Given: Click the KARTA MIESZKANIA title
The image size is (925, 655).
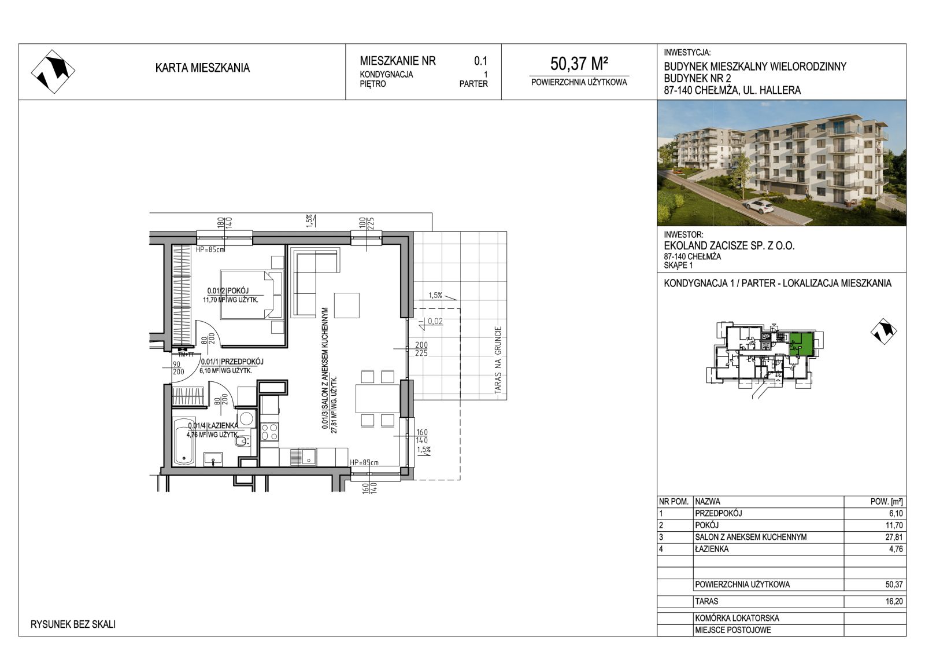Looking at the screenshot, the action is [202, 68].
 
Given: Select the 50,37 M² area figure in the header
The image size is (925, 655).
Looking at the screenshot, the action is [579, 64].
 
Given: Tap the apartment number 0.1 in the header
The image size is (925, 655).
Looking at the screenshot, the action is [480, 61].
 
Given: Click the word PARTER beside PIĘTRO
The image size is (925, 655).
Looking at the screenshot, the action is [473, 84].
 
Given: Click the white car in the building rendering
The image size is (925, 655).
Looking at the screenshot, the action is [759, 206].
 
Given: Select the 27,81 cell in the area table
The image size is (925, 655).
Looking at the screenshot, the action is [894, 537].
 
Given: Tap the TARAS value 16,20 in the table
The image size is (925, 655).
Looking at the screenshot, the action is [894, 601].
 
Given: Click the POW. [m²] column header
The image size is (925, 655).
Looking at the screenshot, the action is [886, 502].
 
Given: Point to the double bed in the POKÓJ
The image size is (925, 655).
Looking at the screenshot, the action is [251, 295].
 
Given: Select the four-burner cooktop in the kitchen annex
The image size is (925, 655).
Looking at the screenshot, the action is [269, 432].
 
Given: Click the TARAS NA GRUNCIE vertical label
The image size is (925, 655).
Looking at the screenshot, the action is [498, 359].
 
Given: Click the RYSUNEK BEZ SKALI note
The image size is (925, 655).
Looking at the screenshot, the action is [73, 624].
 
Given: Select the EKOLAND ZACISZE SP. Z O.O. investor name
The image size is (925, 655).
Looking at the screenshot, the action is [729, 246].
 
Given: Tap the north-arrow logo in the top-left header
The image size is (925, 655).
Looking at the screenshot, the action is [53, 72].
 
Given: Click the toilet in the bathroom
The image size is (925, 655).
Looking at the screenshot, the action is [242, 441].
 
